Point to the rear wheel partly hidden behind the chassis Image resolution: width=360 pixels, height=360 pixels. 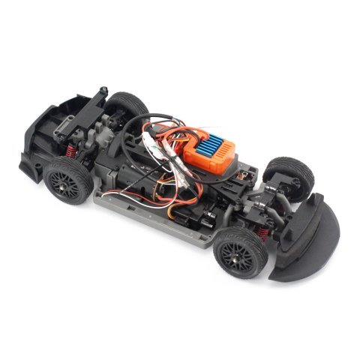[x=128, y=105]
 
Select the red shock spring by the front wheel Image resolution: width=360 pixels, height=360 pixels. [x=259, y=244]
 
